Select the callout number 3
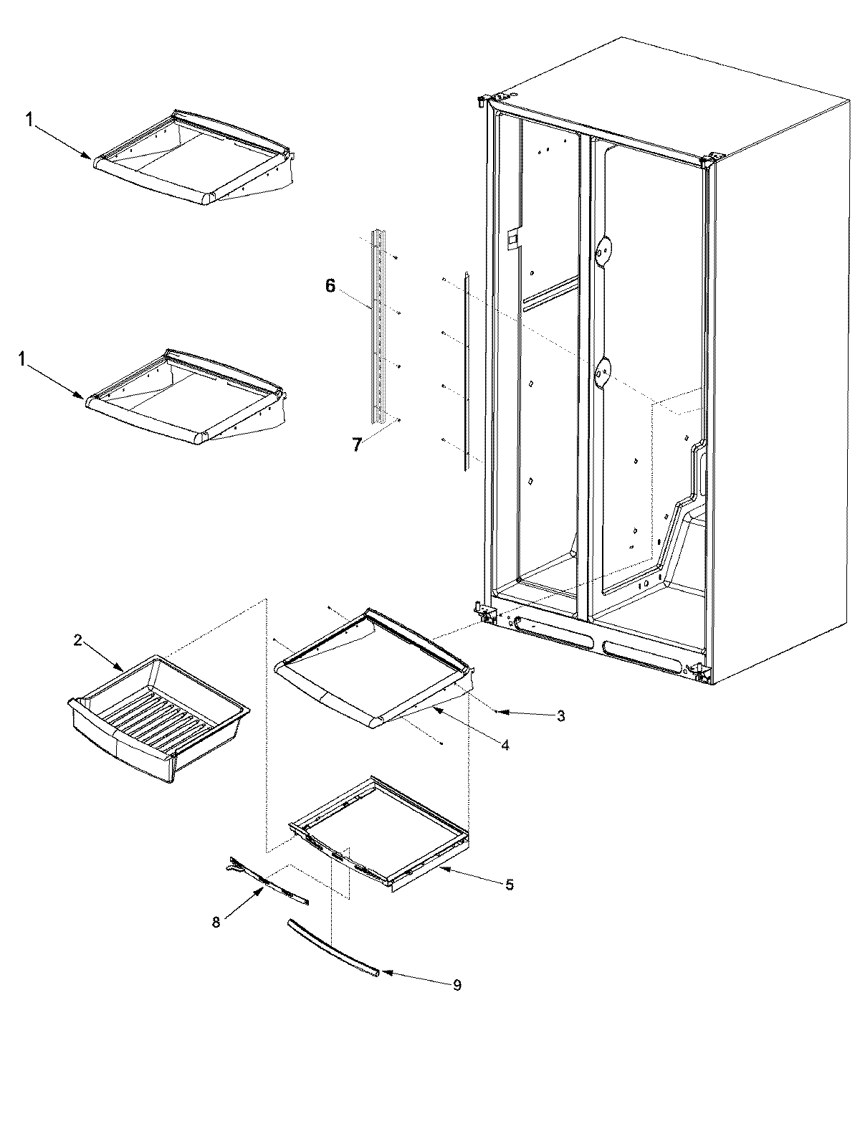(561, 715)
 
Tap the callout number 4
(505, 746)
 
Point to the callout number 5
(510, 885)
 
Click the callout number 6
(330, 285)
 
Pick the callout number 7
(356, 444)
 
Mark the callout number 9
(457, 986)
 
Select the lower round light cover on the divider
(604, 371)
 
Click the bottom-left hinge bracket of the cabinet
(486, 612)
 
